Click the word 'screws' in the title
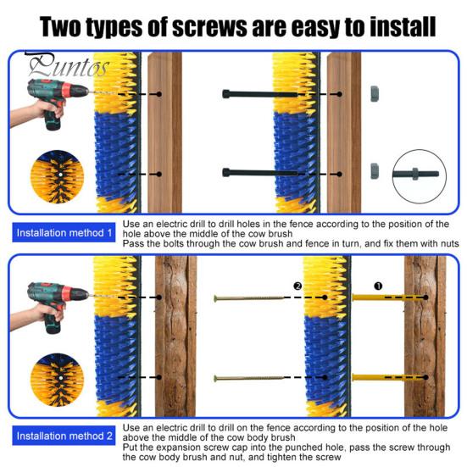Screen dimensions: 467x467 [209, 27]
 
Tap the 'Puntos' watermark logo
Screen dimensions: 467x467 [67, 65]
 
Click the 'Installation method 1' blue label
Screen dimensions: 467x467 [64, 232]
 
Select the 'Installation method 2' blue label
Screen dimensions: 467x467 [64, 436]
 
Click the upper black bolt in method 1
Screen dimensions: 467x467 [259, 94]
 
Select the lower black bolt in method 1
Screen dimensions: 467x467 [259, 172]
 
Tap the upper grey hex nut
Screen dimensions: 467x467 [375, 94]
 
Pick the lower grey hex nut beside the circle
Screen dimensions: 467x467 [375, 171]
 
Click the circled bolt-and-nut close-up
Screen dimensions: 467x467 [419, 176]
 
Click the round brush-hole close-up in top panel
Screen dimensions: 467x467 [57, 176]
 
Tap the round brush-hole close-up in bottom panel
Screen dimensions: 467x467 [57, 380]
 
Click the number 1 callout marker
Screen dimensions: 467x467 [378, 286]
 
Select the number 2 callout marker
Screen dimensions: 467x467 [297, 286]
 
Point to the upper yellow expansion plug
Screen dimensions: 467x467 [387, 297]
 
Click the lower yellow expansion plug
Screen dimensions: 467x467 [387, 378]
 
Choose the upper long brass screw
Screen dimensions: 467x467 [249, 297]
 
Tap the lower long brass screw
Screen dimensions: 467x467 [249, 378]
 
